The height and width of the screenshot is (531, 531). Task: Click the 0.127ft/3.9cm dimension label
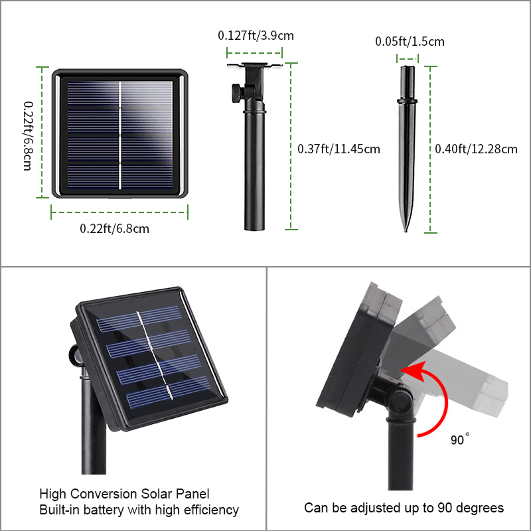[x=256, y=36]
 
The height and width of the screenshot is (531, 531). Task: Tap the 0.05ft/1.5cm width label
[x=410, y=41]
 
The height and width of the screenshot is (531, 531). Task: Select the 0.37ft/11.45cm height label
[x=339, y=149]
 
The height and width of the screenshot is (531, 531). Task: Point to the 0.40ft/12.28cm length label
[x=476, y=149]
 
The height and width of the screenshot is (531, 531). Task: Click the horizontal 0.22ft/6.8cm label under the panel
[x=114, y=228]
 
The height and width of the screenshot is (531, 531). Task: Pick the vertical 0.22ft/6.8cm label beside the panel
[x=28, y=136]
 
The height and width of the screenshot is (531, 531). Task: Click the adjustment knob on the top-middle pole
[x=238, y=92]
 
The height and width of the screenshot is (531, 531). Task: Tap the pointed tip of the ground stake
[x=406, y=230]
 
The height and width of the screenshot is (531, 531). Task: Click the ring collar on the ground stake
[x=407, y=101]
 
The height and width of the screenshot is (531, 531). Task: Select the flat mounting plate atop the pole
[x=255, y=65]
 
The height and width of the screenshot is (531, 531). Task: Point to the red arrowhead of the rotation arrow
[x=414, y=371]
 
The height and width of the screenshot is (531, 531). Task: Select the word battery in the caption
[x=105, y=510]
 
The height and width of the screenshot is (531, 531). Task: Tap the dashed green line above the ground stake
[x=408, y=58]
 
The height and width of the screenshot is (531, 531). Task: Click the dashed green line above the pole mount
[x=255, y=53]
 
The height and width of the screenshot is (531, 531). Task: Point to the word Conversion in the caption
[x=104, y=494]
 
